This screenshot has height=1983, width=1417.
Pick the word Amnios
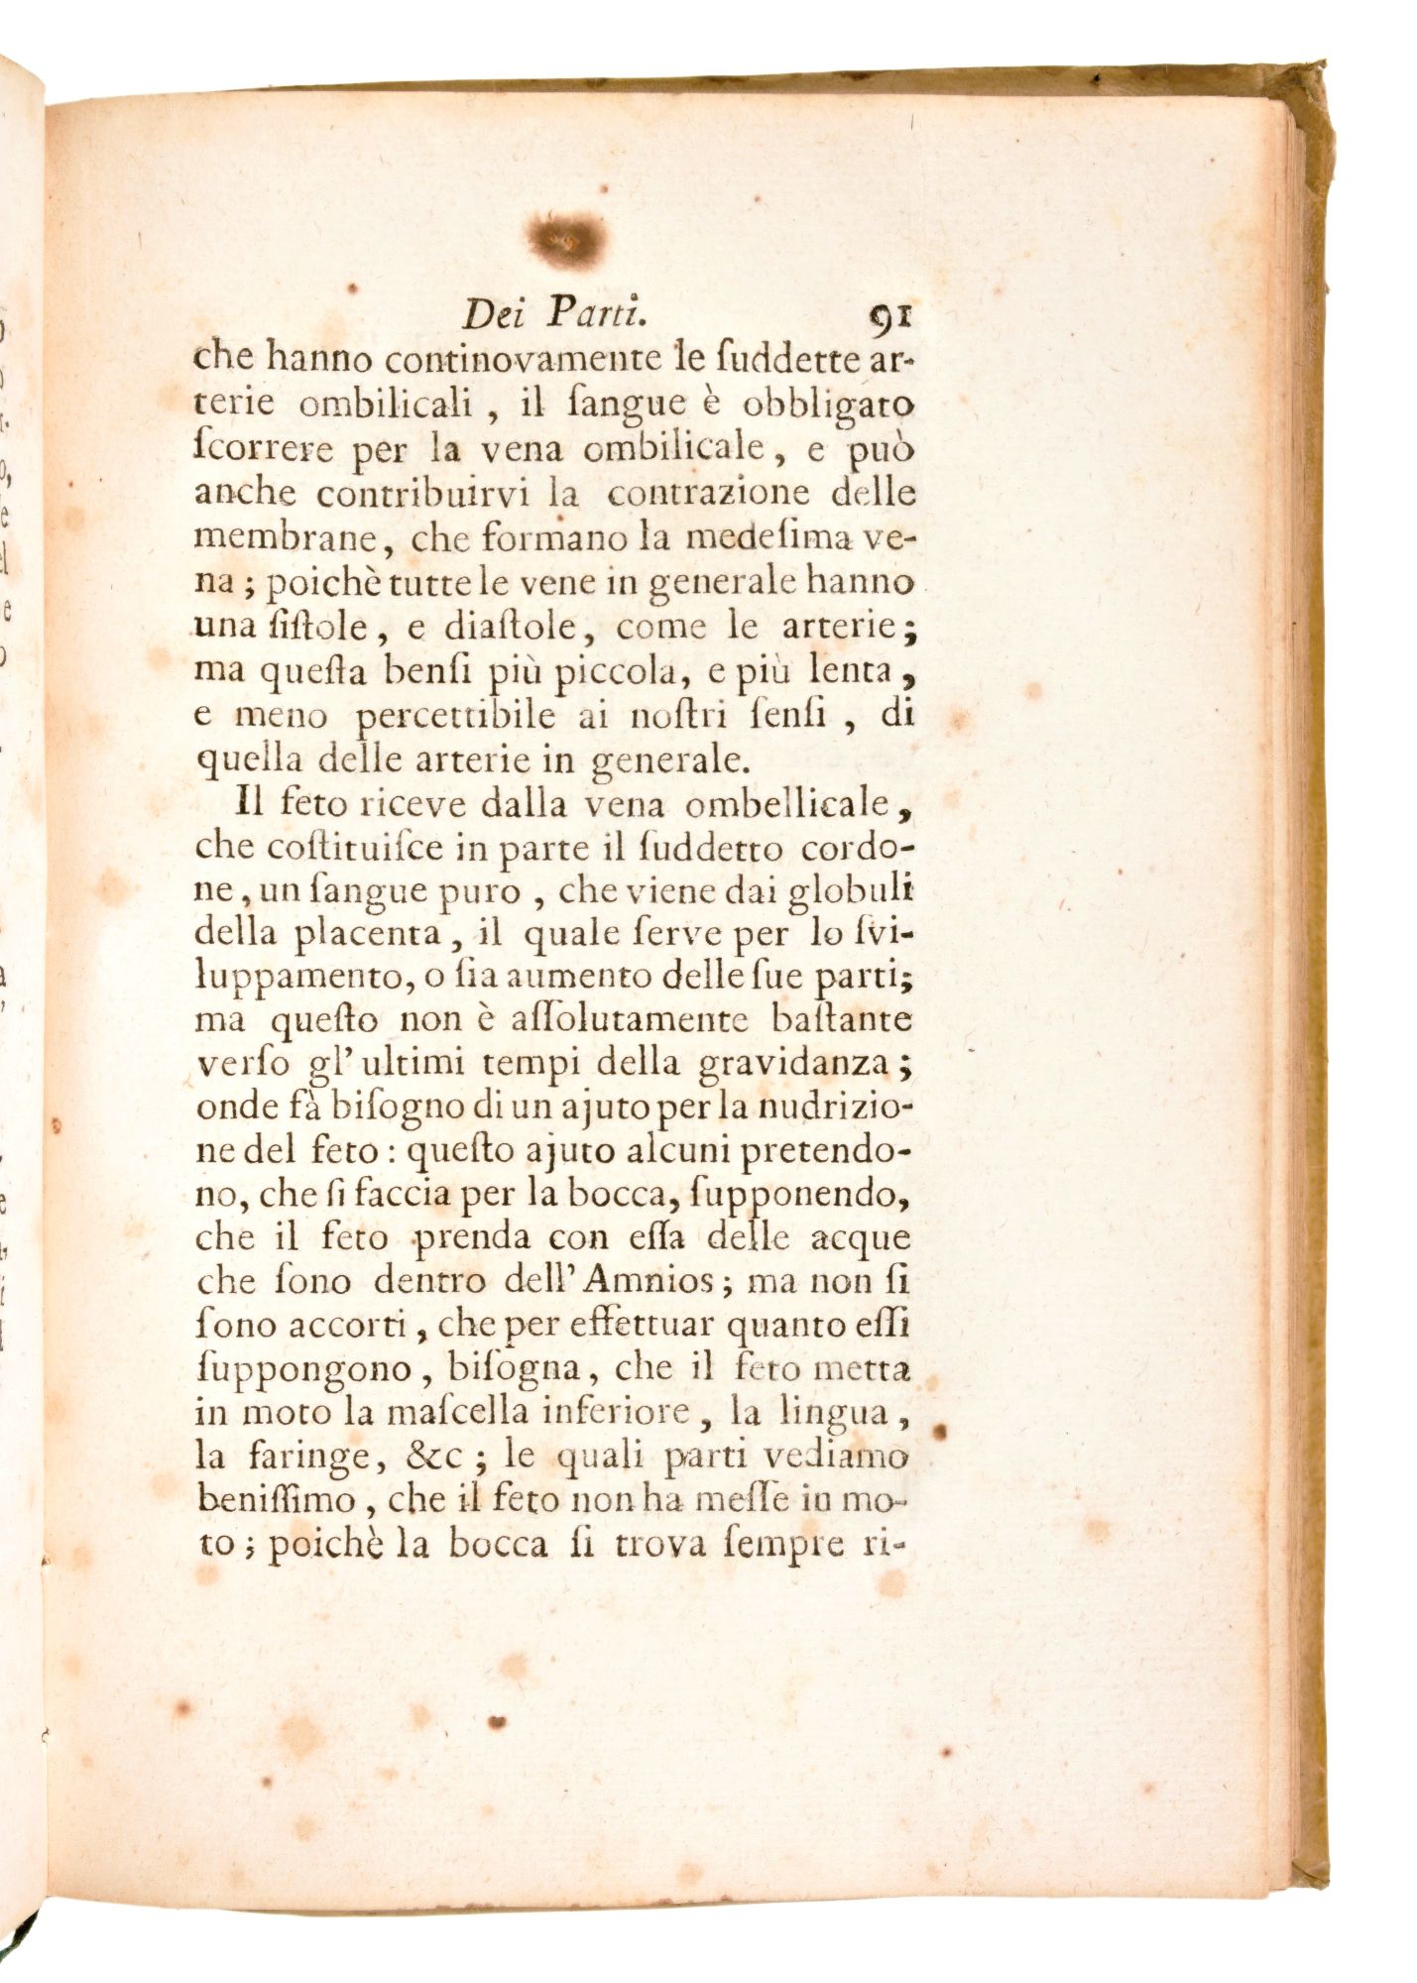pos(657,1282)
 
